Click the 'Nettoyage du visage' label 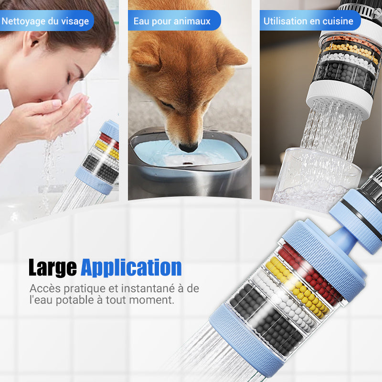click(x=45, y=21)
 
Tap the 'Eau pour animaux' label click(x=172, y=21)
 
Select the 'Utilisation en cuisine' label click(x=308, y=21)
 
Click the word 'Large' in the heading click(x=53, y=268)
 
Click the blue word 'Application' click(x=131, y=268)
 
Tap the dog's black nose click(x=188, y=148)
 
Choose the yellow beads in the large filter click(x=298, y=286)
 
